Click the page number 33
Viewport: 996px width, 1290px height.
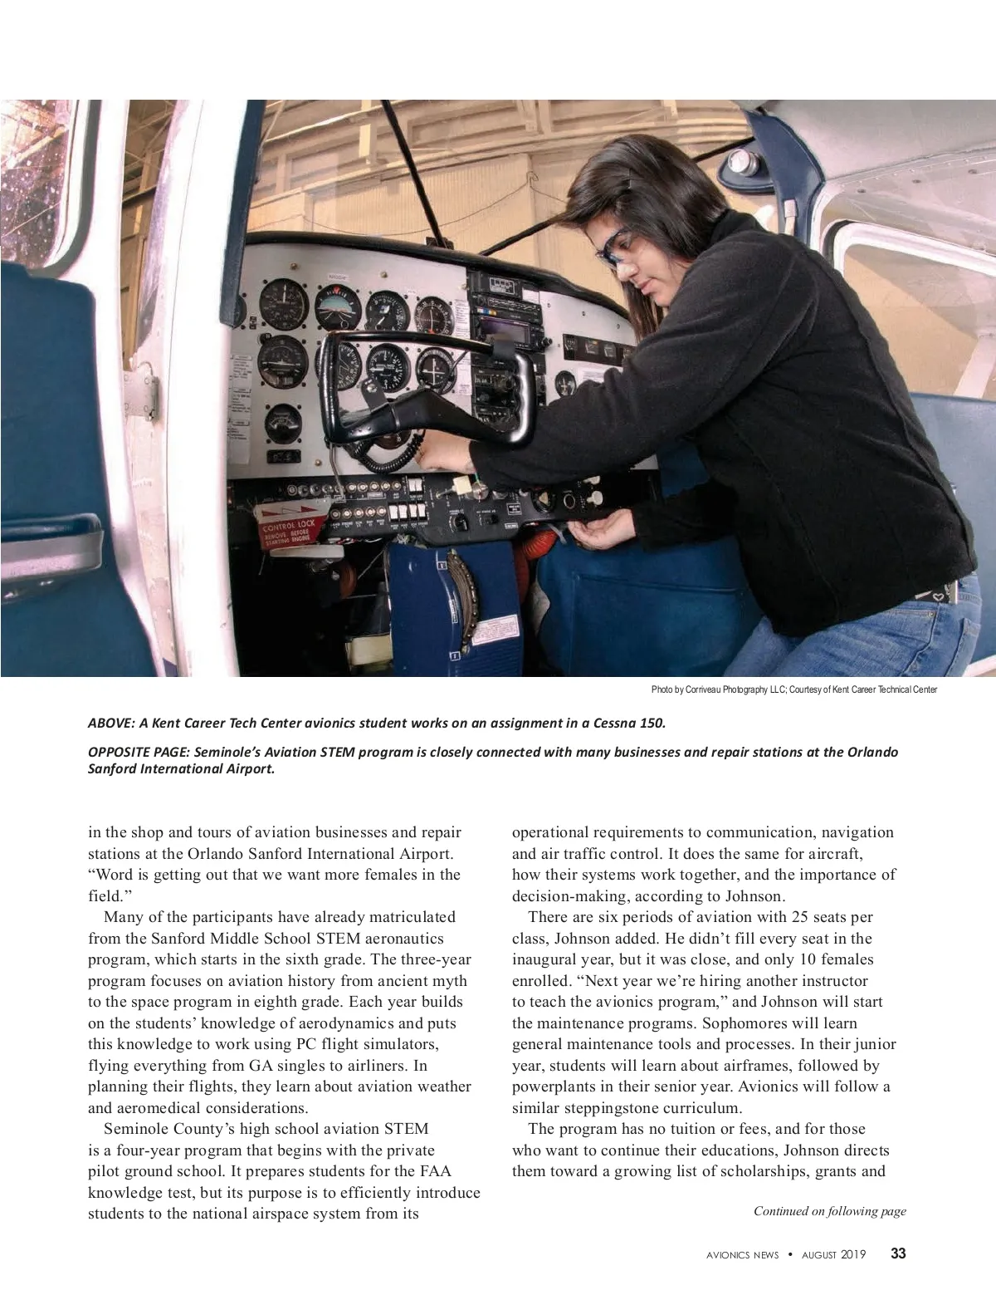tap(898, 1253)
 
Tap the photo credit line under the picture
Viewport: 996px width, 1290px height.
tap(793, 689)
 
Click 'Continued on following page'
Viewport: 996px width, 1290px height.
tap(829, 1211)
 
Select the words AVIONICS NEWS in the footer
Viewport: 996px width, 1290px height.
tap(736, 1255)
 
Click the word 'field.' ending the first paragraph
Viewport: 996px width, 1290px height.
tap(105, 895)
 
